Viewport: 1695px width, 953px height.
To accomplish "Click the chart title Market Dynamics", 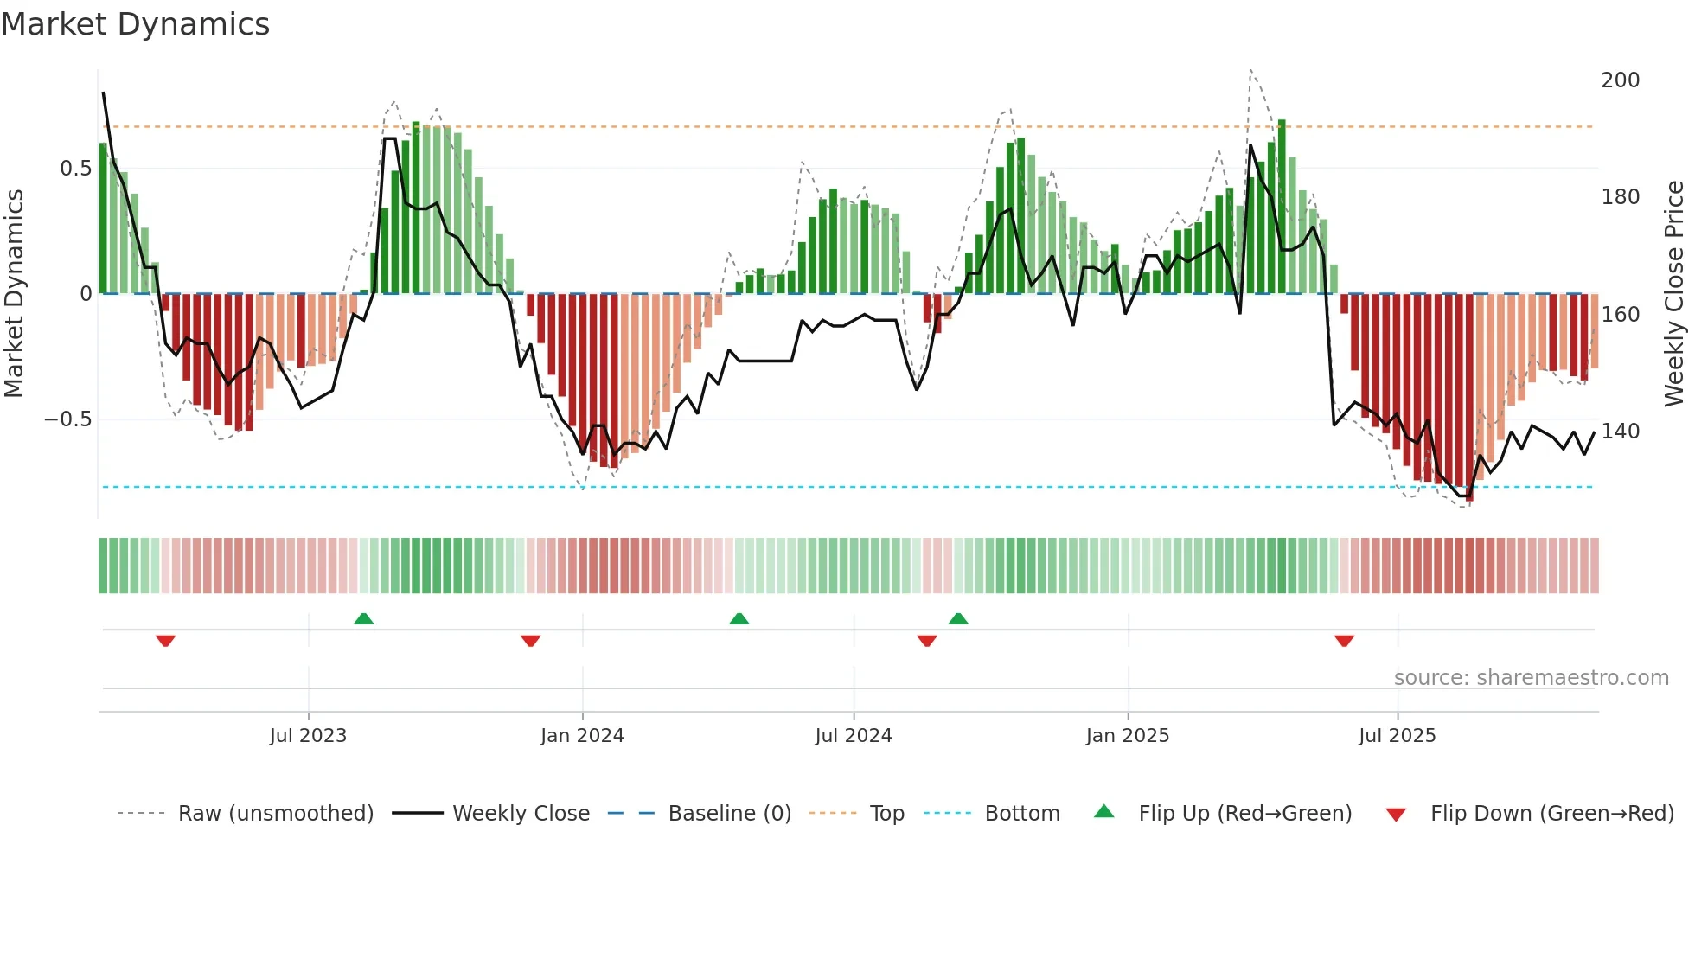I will click(x=135, y=24).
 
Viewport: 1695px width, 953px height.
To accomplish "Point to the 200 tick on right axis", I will click(x=1620, y=80).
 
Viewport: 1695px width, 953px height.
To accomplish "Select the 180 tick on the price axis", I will click(x=1620, y=197).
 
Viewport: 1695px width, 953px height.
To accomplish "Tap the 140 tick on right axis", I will click(x=1620, y=432).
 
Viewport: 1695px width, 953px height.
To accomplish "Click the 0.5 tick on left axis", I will click(x=75, y=169).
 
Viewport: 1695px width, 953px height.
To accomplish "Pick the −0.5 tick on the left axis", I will click(x=68, y=419).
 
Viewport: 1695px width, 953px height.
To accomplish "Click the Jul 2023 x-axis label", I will click(x=308, y=736).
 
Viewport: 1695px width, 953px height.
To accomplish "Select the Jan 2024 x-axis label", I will click(x=582, y=736).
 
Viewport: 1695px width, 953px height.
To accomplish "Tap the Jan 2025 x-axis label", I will click(x=1127, y=736).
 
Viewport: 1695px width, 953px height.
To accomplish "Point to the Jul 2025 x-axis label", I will click(x=1397, y=736).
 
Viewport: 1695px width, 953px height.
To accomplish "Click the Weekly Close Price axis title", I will click(x=1674, y=294).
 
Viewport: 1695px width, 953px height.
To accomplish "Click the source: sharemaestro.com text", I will click(x=1531, y=678).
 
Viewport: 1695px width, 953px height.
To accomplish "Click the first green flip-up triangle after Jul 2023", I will click(x=363, y=619).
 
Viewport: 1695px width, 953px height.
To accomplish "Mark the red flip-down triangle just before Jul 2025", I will click(x=1344, y=641).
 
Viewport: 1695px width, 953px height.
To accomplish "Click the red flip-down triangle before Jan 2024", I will click(x=530, y=641).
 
